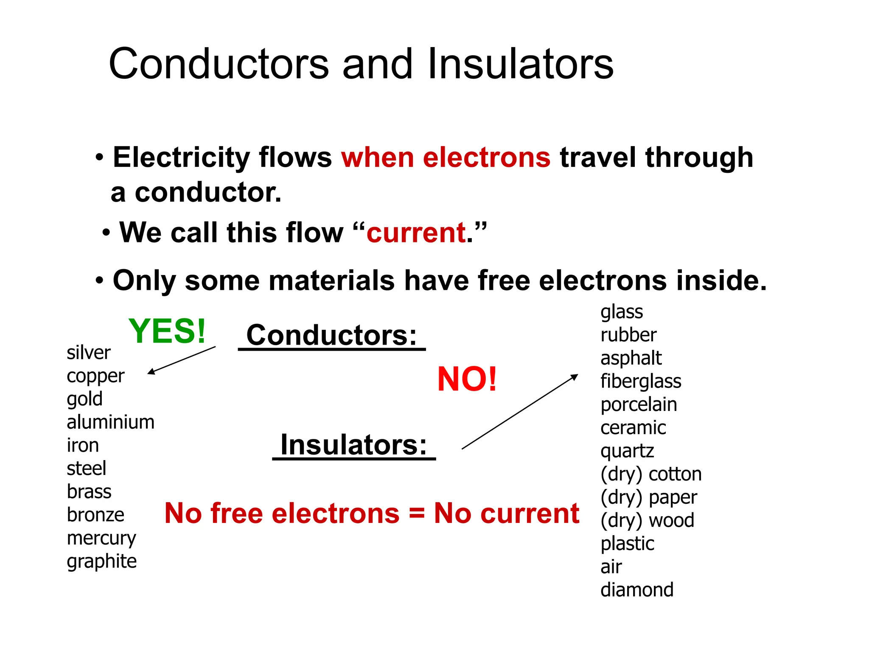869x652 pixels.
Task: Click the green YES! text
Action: click(167, 331)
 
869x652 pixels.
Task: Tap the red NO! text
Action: click(466, 379)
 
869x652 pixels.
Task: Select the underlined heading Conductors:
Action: click(331, 335)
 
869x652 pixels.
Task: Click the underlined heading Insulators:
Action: click(353, 445)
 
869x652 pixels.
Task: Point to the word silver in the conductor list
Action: click(88, 353)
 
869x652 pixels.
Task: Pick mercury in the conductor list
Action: click(101, 538)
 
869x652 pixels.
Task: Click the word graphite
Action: click(101, 561)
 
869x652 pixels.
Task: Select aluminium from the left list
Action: click(110, 422)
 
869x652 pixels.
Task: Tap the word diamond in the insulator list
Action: click(636, 590)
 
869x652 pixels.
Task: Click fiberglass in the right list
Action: click(640, 381)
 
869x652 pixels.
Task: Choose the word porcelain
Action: click(638, 405)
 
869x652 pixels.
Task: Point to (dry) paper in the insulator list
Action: click(648, 497)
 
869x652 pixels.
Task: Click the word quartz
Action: click(627, 451)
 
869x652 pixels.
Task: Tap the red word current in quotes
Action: click(416, 233)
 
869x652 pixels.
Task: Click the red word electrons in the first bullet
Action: click(486, 157)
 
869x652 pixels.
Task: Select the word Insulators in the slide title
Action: click(520, 64)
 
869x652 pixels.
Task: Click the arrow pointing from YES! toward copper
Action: click(182, 360)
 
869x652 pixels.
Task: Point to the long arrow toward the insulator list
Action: click(520, 411)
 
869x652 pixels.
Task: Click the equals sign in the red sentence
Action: click(417, 513)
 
